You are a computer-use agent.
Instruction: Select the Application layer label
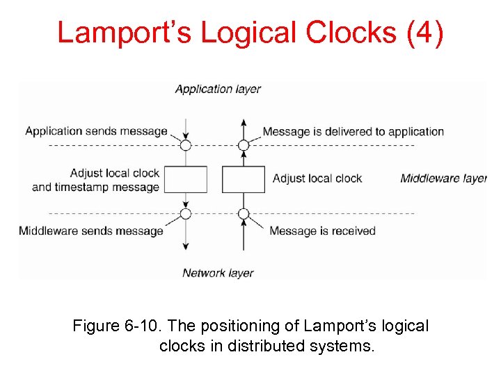218,89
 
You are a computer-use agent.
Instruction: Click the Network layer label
218,273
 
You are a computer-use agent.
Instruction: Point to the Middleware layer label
443,178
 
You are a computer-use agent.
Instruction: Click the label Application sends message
96,131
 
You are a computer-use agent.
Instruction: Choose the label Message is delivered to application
353,131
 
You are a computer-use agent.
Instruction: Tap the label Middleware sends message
91,231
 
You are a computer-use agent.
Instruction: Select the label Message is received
322,231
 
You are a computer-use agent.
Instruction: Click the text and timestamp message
96,187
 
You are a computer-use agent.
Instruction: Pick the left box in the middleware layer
186,179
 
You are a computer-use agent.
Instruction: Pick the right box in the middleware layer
243,179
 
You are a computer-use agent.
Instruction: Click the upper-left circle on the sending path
186,145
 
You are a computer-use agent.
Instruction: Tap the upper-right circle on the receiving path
243,145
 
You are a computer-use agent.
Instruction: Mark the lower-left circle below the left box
186,213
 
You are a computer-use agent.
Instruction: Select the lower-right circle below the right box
243,213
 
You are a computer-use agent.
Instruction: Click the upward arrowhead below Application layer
243,122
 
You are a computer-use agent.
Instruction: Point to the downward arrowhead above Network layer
186,247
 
